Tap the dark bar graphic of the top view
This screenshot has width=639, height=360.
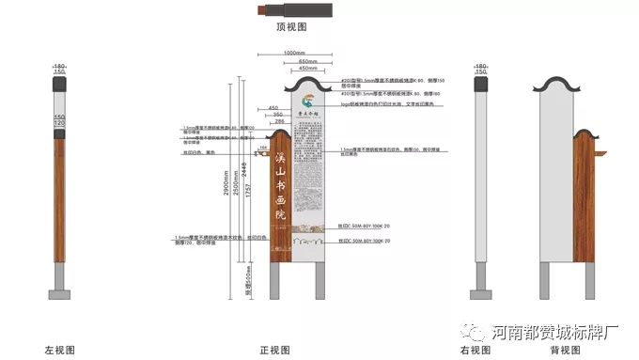click(292, 9)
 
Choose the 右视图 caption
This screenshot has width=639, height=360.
click(476, 350)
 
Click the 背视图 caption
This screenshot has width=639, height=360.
click(561, 350)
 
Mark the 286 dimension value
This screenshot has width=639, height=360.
click(278, 122)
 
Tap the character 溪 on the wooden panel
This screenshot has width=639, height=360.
click(279, 160)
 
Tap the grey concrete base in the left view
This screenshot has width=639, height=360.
click(59, 294)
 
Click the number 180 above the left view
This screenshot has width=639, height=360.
click(59, 66)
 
